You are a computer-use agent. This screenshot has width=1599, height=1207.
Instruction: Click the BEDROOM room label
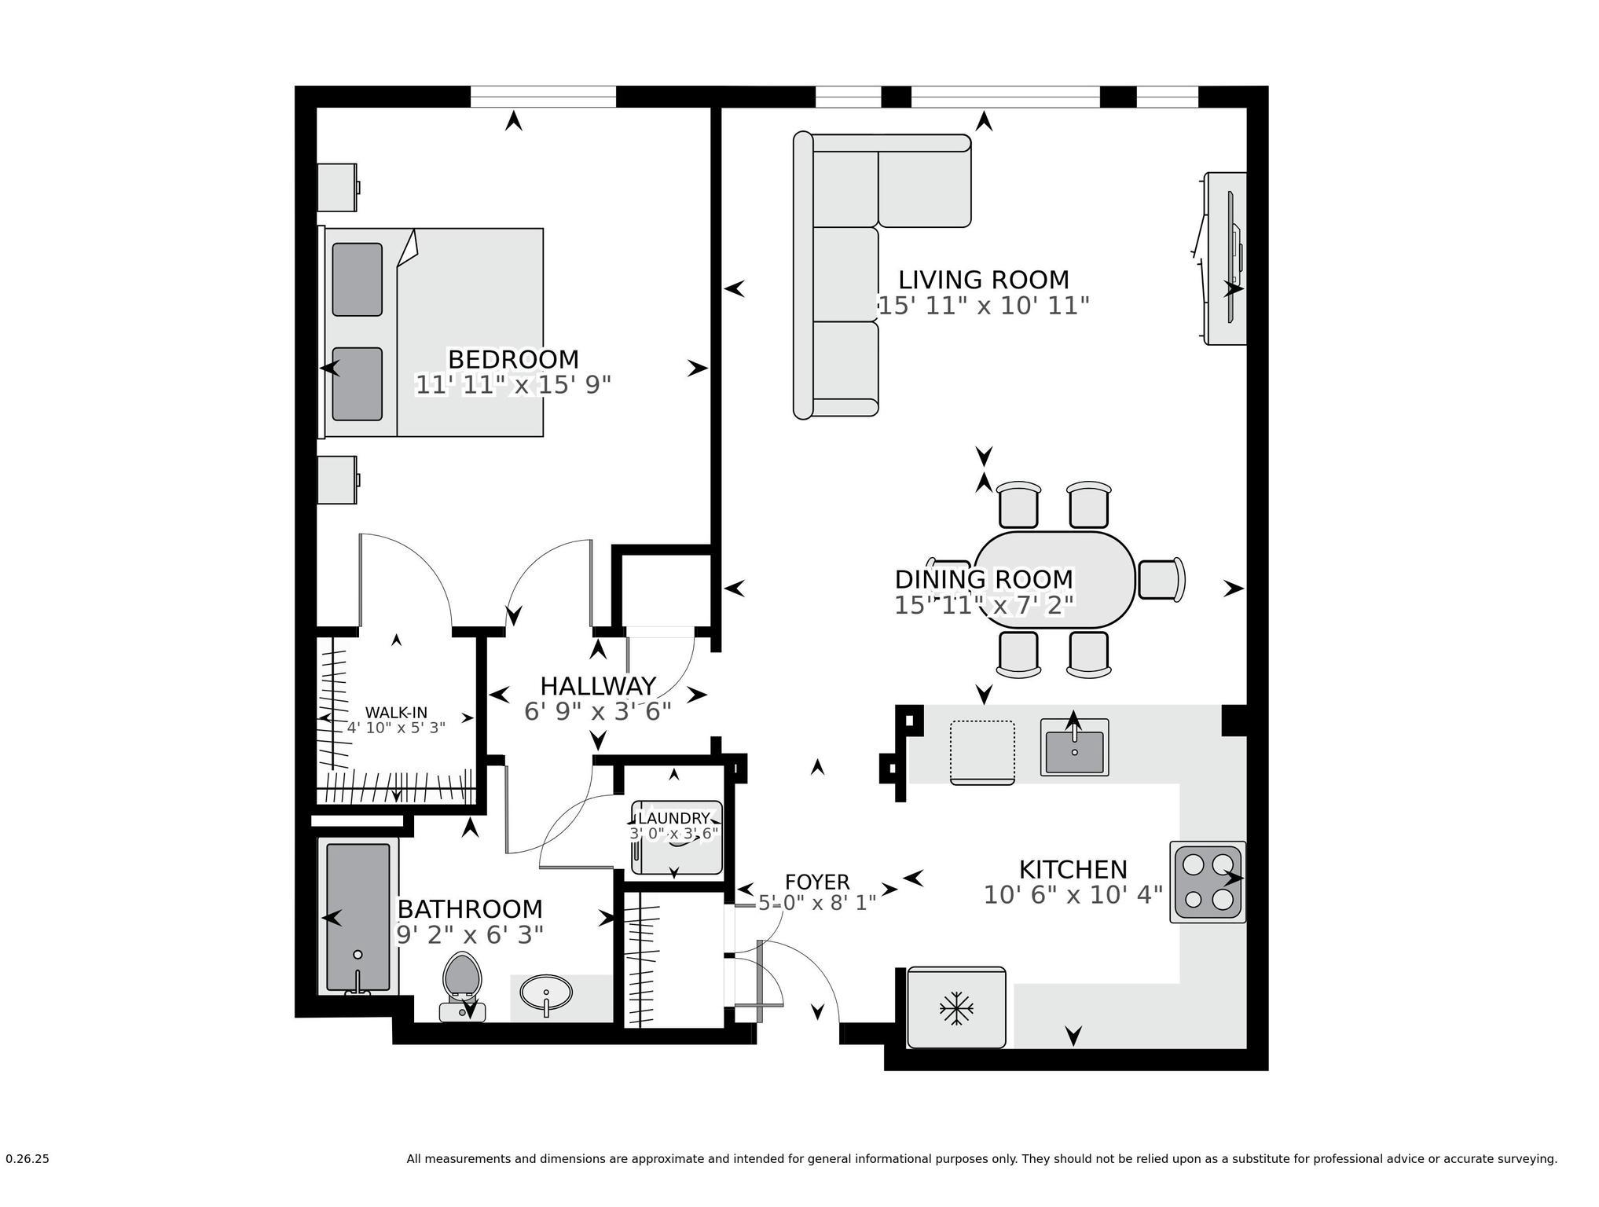pyautogui.click(x=513, y=359)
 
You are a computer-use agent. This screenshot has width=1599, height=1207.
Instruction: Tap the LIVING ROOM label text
pyautogui.click(x=983, y=280)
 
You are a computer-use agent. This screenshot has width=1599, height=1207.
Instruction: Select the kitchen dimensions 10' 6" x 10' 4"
pyautogui.click(x=1073, y=895)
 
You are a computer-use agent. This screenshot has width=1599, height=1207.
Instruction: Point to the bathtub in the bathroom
pyautogui.click(x=358, y=917)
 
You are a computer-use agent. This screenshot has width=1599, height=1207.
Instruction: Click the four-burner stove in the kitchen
pyautogui.click(x=1207, y=882)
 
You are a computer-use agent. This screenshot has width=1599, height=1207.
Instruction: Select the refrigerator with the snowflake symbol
pyautogui.click(x=956, y=1007)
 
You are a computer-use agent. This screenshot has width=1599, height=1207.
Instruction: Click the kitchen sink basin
pyautogui.click(x=1074, y=751)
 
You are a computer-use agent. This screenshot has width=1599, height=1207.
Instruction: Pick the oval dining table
pyautogui.click(x=1054, y=580)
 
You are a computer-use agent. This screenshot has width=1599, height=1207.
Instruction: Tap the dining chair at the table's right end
pyautogui.click(x=1161, y=580)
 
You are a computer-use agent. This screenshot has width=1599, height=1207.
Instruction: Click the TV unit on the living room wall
pyautogui.click(x=1224, y=259)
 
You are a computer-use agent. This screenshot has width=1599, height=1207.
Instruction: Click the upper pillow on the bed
pyautogui.click(x=357, y=279)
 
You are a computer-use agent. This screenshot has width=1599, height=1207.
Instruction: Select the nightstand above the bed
pyautogui.click(x=337, y=187)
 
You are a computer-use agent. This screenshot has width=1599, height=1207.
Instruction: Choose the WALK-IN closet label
pyautogui.click(x=396, y=713)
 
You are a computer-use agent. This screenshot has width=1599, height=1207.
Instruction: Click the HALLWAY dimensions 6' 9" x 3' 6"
pyautogui.click(x=597, y=712)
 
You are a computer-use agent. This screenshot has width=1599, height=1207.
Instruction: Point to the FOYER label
pyautogui.click(x=817, y=882)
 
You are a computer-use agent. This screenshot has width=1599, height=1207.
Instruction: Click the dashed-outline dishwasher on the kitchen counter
pyautogui.click(x=981, y=751)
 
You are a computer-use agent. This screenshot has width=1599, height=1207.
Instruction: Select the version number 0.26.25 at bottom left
pyautogui.click(x=28, y=1159)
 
